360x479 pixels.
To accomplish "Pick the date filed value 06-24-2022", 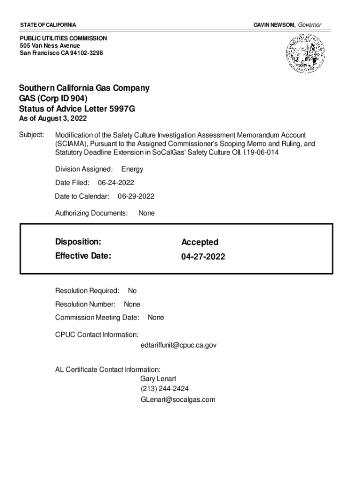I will [x=116, y=182].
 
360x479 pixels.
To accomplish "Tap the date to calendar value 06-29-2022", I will [x=136, y=196].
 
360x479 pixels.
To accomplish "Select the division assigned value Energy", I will [x=132, y=169].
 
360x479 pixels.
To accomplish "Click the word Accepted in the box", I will [x=200, y=242].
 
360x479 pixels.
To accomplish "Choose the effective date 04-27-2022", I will [x=203, y=257].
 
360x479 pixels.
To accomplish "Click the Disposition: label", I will [x=78, y=242].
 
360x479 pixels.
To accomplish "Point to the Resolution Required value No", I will [x=132, y=291].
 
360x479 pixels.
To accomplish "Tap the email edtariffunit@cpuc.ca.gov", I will [x=178, y=345].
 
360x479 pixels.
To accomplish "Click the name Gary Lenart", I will [x=158, y=379].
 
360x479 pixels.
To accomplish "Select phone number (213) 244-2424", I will [x=165, y=389].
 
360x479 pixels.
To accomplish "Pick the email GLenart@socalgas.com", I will [x=178, y=399].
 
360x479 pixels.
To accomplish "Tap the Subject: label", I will [x=31, y=135].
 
